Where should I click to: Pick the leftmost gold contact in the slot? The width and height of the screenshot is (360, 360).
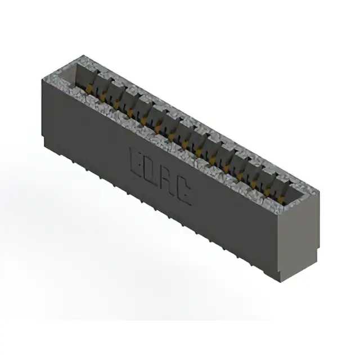click(x=90, y=89)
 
